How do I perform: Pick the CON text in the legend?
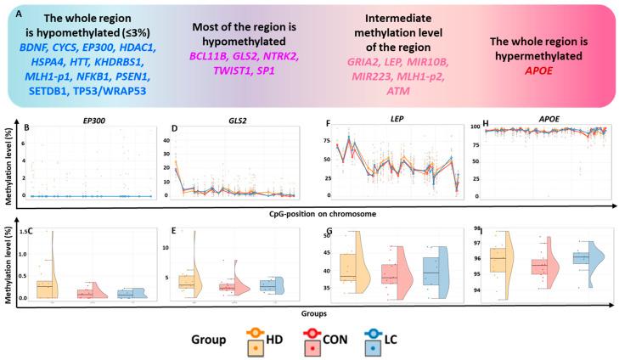point(361,341)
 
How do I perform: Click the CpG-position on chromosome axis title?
point(316,209)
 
